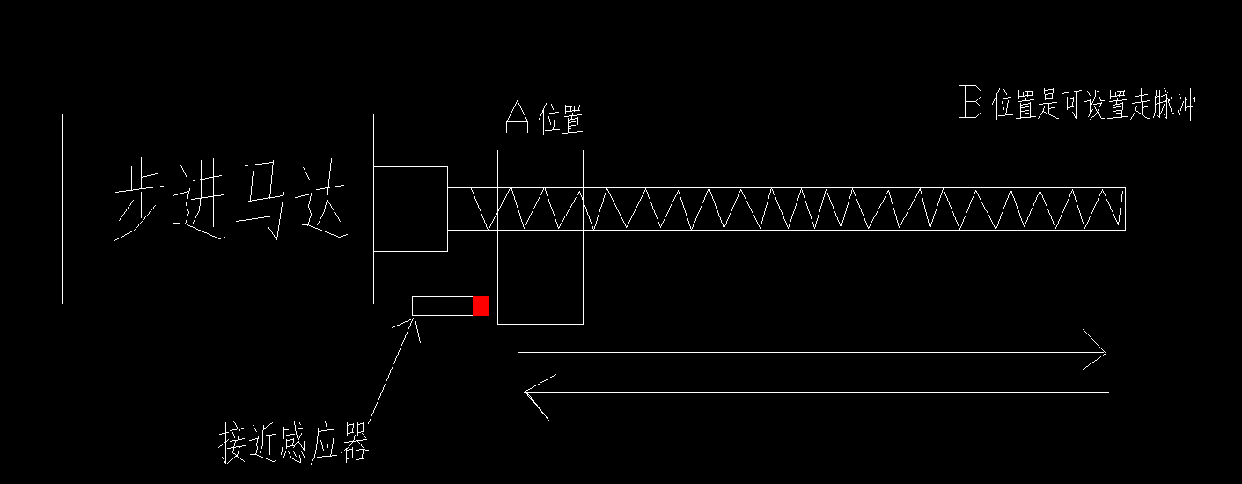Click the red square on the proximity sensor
tap(481, 306)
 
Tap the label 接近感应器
tap(293, 444)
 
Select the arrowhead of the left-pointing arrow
tap(533, 392)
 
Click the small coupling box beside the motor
tap(410, 209)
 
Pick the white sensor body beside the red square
tap(443, 306)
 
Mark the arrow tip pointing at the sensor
tap(415, 319)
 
